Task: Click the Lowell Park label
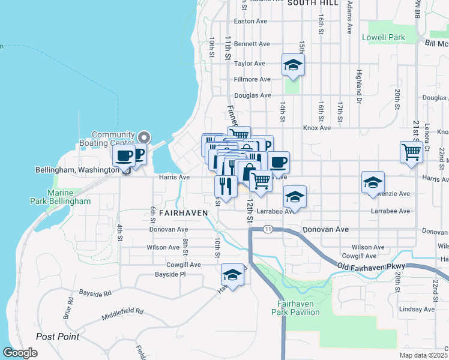point(384,37)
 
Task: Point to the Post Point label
point(58,337)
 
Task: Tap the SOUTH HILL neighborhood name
point(313,3)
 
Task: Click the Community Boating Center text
point(113,138)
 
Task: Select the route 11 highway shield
point(268,229)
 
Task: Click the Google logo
point(20,352)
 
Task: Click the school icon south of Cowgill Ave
point(233,274)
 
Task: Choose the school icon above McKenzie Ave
point(373,182)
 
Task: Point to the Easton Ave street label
point(250,21)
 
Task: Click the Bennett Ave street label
point(252,44)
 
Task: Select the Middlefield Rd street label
point(123,311)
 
